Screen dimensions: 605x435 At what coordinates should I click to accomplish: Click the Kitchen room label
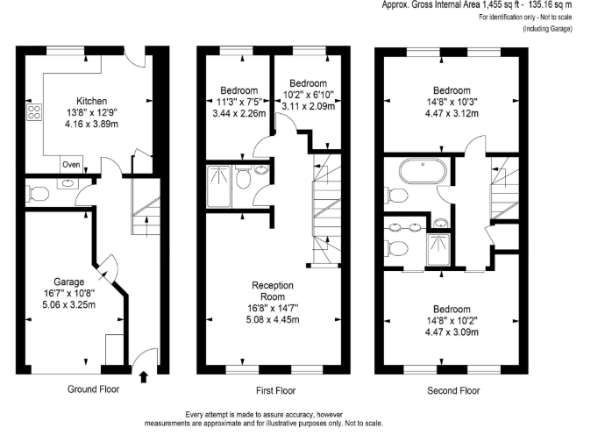(91, 101)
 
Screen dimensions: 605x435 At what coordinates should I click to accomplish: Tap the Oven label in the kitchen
(71, 164)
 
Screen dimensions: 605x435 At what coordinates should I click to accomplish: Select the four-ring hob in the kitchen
(34, 112)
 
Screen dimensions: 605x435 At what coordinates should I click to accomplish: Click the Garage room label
(68, 282)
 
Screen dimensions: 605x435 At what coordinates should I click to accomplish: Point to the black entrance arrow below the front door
(144, 377)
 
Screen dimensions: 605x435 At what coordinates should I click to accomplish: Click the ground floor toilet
(38, 194)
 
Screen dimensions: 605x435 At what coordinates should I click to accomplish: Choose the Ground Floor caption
(93, 389)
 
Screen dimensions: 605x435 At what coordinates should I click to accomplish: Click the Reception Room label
(273, 291)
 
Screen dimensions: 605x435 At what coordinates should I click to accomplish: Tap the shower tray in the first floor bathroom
(219, 187)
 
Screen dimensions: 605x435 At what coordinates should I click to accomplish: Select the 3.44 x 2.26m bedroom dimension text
(238, 113)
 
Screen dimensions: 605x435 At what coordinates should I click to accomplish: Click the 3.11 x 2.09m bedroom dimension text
(308, 106)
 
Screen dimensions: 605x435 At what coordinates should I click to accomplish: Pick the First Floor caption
(275, 390)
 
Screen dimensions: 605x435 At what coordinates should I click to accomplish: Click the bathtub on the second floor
(423, 171)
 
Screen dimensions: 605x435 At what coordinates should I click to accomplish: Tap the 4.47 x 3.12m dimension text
(452, 113)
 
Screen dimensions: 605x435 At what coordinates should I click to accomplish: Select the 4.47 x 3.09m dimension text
(452, 332)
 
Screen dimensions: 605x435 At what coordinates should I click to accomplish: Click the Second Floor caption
(453, 390)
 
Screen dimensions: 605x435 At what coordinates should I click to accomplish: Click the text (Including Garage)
(547, 29)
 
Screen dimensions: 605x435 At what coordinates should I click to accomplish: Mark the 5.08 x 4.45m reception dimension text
(273, 319)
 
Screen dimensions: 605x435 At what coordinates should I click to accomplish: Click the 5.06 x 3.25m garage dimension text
(68, 305)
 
